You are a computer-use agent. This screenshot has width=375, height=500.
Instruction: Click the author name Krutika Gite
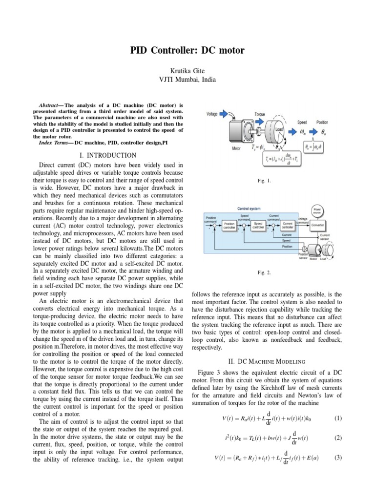[187, 71]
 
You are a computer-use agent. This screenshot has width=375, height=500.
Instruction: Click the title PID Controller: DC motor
[187, 50]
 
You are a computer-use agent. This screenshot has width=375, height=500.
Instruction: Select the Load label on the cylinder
[279, 130]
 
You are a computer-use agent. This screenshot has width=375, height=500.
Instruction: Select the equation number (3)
[337, 458]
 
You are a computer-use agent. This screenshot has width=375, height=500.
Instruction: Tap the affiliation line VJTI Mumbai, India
[187, 80]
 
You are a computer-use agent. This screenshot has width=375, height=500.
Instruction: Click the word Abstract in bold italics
[48, 105]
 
